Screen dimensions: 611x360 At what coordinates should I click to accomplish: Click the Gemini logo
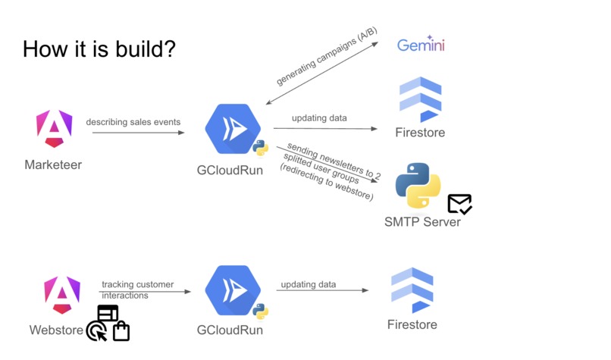(x=421, y=45)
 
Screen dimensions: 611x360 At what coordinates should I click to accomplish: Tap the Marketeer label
(x=53, y=164)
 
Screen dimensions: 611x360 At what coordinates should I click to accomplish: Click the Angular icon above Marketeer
(x=54, y=129)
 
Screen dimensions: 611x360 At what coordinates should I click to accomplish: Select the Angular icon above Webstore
(x=62, y=295)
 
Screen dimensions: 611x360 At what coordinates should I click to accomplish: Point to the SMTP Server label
(x=422, y=222)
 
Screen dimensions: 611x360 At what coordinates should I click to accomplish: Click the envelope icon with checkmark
(x=460, y=204)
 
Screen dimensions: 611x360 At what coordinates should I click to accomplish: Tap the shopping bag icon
(x=121, y=331)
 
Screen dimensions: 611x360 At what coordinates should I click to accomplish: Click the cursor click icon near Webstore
(x=96, y=330)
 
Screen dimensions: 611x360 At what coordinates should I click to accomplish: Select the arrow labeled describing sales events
(x=138, y=133)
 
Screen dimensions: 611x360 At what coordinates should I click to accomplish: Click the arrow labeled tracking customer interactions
(x=145, y=292)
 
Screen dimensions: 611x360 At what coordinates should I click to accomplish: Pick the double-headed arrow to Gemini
(x=322, y=74)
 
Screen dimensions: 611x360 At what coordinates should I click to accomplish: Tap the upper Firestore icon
(x=421, y=100)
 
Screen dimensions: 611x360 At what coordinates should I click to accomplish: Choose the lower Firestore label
(x=412, y=324)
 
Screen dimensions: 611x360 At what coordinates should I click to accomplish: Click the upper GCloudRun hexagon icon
(x=233, y=129)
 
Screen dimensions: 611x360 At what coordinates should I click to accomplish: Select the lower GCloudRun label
(x=230, y=330)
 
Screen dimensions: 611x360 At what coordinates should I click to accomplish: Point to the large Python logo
(x=418, y=186)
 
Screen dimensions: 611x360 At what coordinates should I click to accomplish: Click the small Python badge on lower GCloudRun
(x=260, y=311)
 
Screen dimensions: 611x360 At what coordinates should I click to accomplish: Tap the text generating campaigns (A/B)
(x=327, y=56)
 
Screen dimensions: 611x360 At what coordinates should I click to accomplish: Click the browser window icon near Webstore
(x=108, y=313)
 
